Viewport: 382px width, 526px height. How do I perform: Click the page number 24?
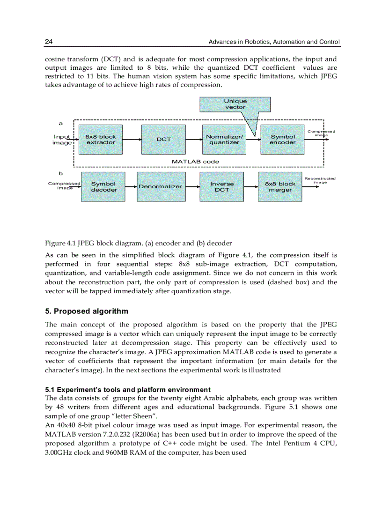(x=49, y=42)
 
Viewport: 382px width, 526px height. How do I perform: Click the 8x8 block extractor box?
(x=101, y=140)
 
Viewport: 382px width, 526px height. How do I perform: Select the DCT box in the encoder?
(x=164, y=140)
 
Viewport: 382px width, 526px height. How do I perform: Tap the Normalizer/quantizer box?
(x=224, y=140)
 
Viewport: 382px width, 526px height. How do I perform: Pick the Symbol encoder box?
(x=283, y=140)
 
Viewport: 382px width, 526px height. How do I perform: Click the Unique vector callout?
(x=235, y=104)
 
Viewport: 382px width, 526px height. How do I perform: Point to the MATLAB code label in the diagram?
(x=195, y=161)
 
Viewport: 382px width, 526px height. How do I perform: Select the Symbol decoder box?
(x=103, y=187)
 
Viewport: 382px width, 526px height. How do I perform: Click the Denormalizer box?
(x=160, y=187)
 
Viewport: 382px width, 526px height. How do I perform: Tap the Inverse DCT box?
(x=222, y=187)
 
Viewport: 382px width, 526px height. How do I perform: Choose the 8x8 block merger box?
(x=280, y=187)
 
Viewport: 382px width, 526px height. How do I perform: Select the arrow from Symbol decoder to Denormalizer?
(x=131, y=187)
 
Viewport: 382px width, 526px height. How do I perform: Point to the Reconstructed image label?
(x=320, y=180)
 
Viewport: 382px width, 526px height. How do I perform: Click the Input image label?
(x=62, y=140)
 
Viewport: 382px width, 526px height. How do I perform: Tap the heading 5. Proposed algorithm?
(x=86, y=311)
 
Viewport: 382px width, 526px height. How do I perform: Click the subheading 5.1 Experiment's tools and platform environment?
(x=128, y=390)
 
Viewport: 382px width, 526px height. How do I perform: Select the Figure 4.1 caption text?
(x=138, y=244)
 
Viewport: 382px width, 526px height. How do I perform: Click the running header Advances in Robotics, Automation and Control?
(x=274, y=42)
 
